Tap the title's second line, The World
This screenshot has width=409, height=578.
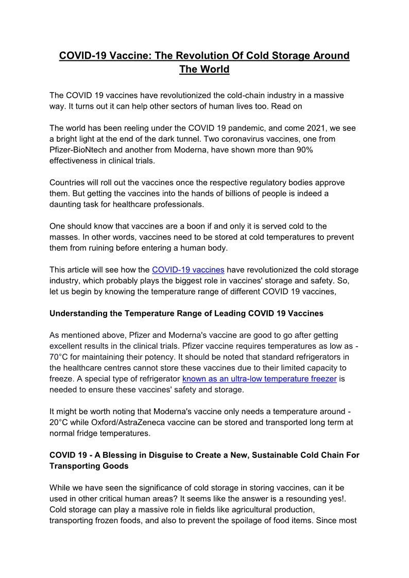pos(204,69)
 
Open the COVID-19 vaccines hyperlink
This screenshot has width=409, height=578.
pos(188,269)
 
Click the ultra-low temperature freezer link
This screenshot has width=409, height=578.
pos(260,379)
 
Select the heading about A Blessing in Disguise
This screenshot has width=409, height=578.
pos(204,460)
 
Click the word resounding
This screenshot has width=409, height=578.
pos(279,498)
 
